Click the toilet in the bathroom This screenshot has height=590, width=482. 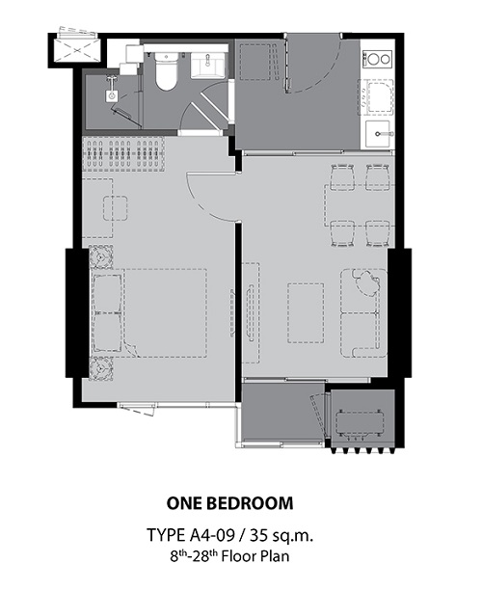[166, 71]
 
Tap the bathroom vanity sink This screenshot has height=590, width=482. [207, 65]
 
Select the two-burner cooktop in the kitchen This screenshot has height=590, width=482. [377, 59]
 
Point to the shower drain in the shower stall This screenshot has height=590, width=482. [112, 96]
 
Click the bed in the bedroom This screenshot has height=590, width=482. [149, 312]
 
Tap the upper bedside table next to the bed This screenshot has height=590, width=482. [101, 256]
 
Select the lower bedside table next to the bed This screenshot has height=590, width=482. [101, 368]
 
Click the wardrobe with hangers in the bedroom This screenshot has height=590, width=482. [123, 154]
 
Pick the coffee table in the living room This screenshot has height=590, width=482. [306, 313]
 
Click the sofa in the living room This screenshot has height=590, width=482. [363, 312]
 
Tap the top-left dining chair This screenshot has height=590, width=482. [342, 176]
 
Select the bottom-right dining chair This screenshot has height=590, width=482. [378, 233]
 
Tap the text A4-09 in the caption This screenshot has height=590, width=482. [213, 535]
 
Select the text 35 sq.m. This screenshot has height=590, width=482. [281, 535]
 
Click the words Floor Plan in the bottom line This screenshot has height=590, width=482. [255, 556]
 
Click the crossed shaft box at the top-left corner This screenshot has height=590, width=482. [77, 50]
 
